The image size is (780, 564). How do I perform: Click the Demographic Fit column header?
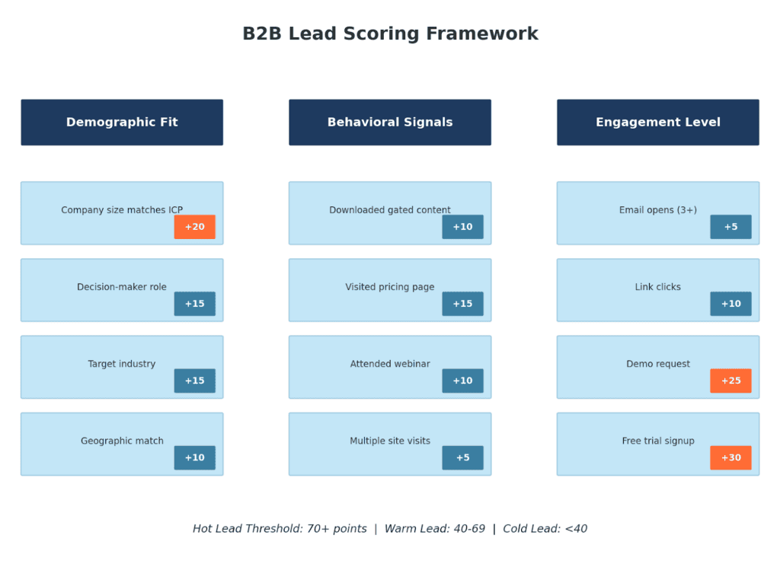pos(122,123)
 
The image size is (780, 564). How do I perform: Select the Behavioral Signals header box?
pos(390,123)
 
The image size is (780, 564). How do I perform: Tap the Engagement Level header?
pos(658,123)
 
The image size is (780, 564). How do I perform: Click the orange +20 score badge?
pos(194,227)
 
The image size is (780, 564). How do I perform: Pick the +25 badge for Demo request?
pos(730,381)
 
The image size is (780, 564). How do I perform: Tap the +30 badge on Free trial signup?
pos(730,457)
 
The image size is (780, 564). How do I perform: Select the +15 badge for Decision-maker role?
pos(194,304)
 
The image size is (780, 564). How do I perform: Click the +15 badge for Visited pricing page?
pos(462,304)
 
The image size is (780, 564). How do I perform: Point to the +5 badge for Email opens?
pos(730,227)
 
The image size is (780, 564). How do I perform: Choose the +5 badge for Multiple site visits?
pos(462,457)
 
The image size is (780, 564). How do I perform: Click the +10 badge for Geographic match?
pos(194,457)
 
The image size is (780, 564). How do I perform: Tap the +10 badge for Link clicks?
pos(730,304)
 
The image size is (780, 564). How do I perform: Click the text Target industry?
pos(122,364)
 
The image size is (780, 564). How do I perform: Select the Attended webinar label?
pos(390,364)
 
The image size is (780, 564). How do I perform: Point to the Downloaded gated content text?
pos(390,210)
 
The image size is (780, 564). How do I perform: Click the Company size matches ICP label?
pos(122,210)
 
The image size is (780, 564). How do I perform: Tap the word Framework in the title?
pos(482,33)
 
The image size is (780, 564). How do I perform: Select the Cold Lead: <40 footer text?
pos(545,528)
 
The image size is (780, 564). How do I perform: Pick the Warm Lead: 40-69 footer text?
pos(435,528)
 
